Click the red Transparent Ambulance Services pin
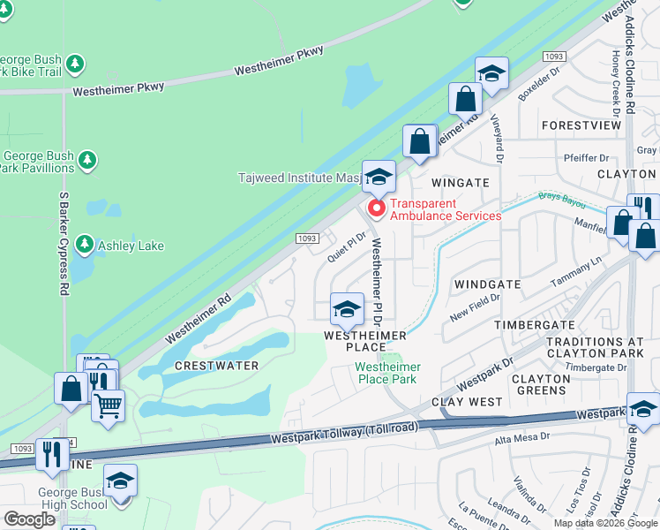tap(376, 208)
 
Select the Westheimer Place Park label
tap(386, 373)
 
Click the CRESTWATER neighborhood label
tap(216, 366)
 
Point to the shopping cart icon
tap(108, 405)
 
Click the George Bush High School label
tap(72, 498)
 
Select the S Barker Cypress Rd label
tap(64, 243)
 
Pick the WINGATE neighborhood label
tap(460, 182)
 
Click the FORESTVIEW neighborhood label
tap(581, 126)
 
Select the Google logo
tap(29, 519)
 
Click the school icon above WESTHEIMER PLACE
tap(347, 309)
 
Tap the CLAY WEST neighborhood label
tap(467, 402)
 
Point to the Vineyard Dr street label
tap(499, 141)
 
